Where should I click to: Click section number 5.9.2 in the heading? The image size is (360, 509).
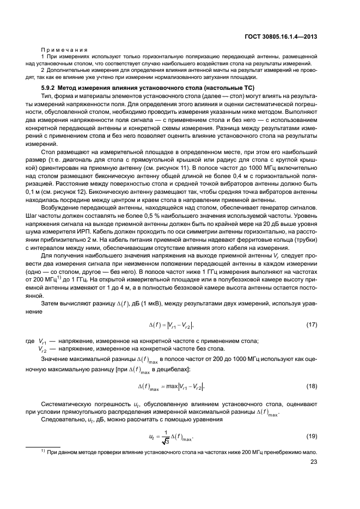(49, 88)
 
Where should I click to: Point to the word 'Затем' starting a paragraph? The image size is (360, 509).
(50, 303)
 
